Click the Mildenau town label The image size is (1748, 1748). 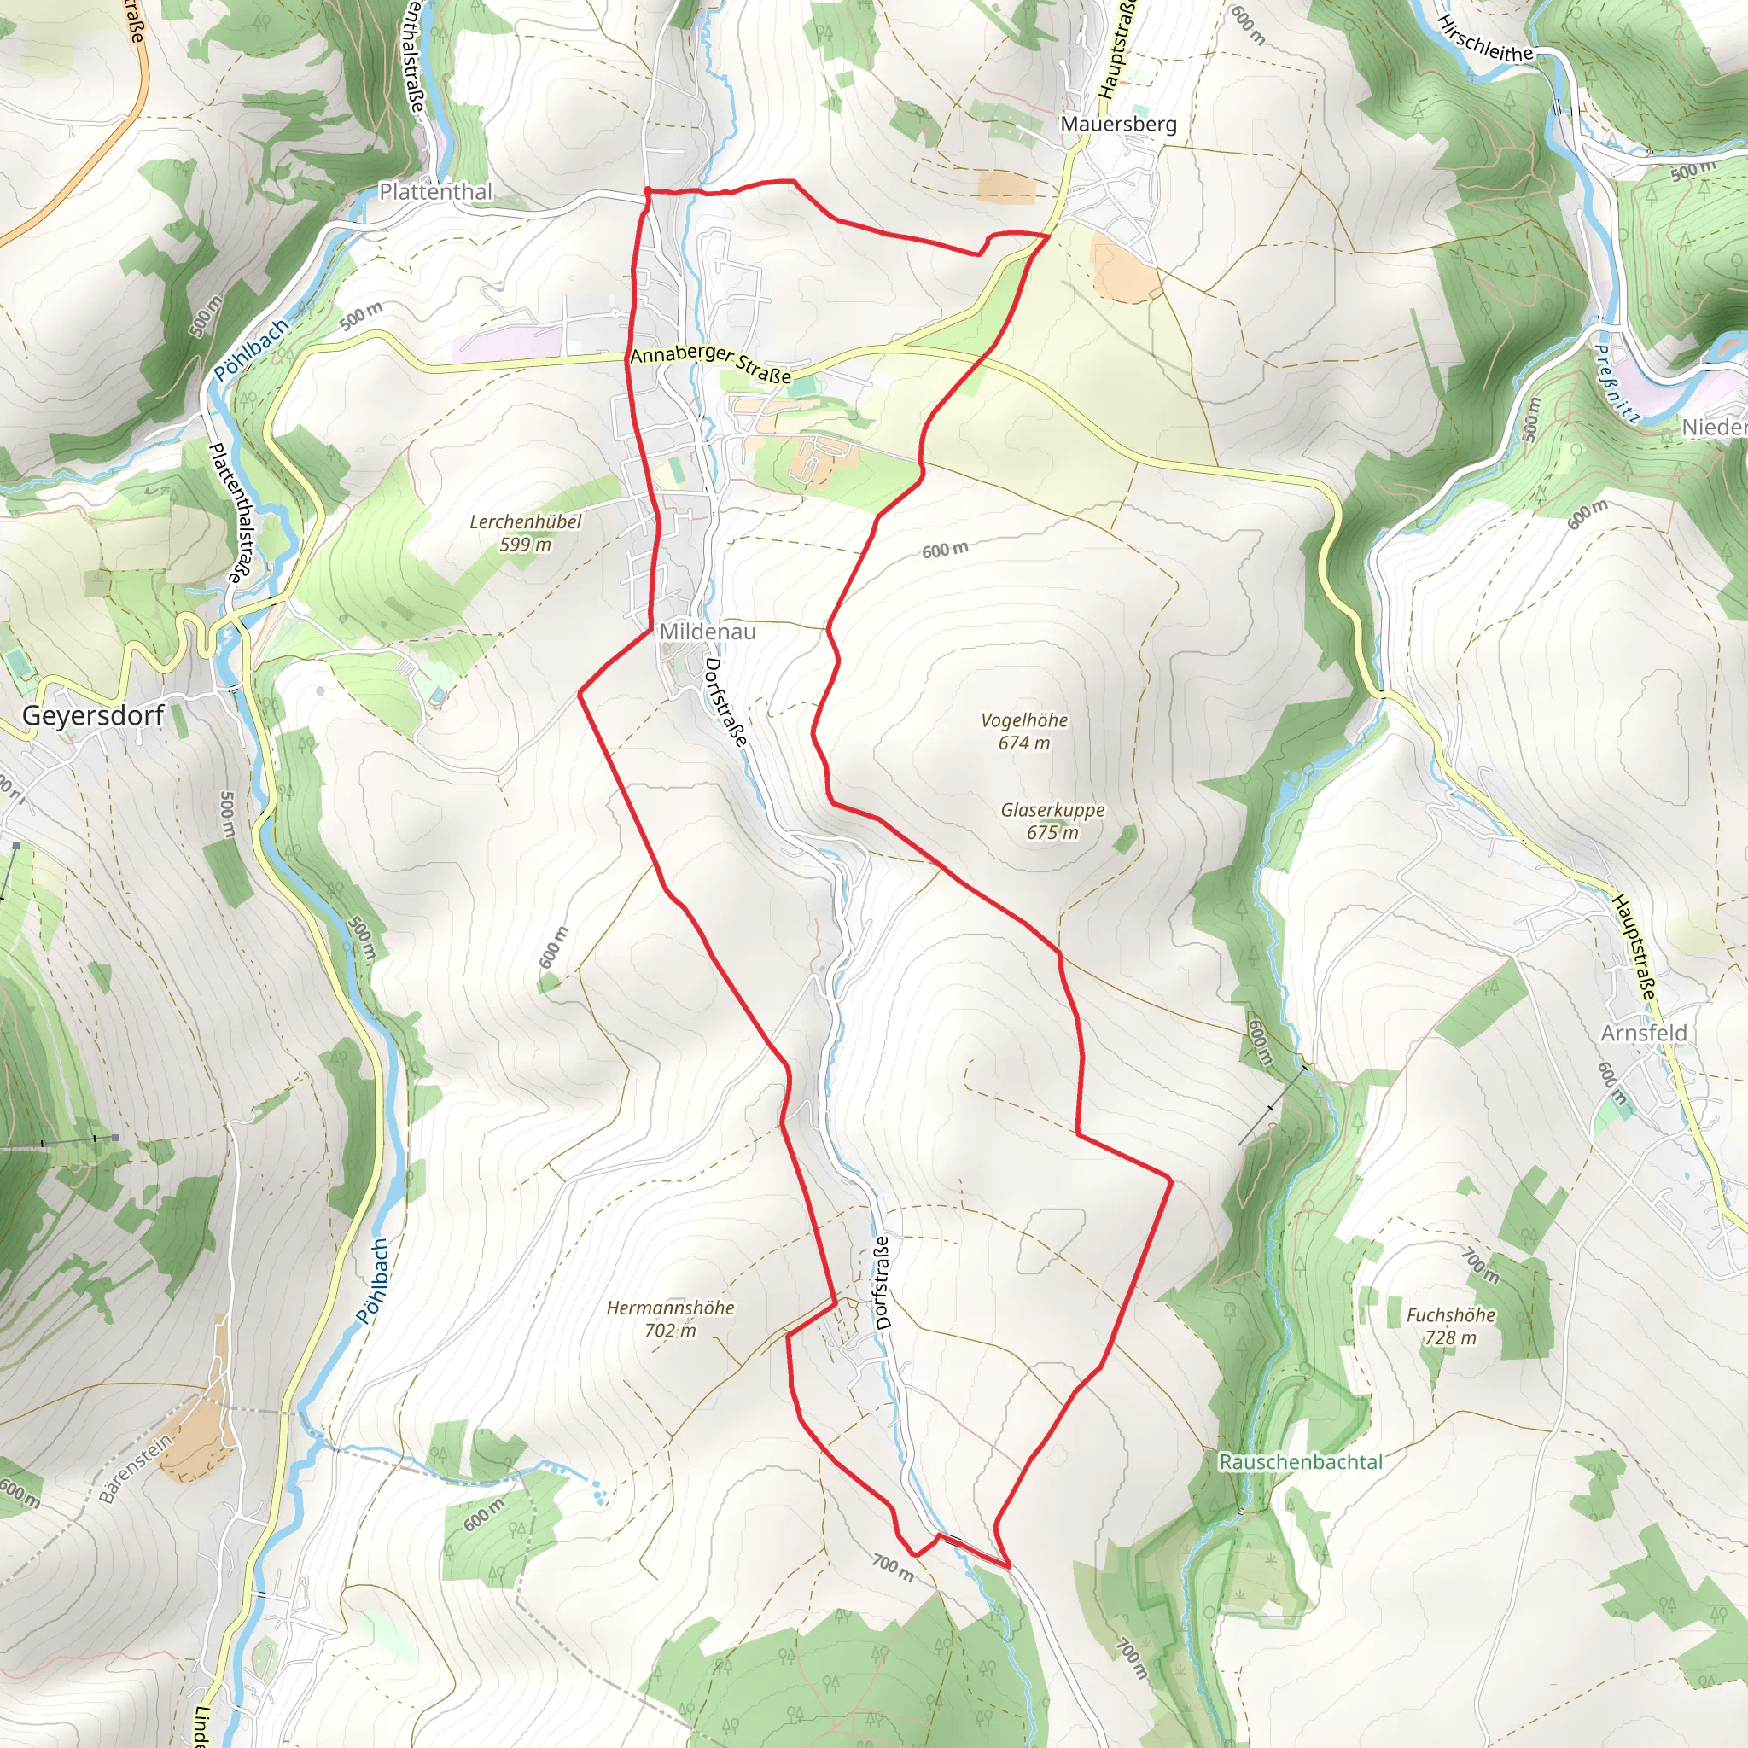708,632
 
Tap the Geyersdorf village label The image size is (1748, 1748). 92,715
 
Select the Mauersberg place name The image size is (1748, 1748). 1118,124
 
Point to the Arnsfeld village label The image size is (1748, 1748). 1644,1034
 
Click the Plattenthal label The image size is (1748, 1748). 435,192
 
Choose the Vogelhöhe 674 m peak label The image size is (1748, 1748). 1024,731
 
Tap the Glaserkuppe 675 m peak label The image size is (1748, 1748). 1052,820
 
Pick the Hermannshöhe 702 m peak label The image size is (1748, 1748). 669,1318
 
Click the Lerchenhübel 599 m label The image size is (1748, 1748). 525,533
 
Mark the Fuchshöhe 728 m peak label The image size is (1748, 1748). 1450,1326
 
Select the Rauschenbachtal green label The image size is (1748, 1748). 1300,1461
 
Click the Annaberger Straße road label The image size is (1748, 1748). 710,364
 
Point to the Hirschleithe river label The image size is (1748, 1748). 1485,39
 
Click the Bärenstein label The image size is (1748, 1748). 135,1468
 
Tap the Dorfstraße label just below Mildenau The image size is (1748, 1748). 725,702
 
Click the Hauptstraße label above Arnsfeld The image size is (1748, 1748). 1634,947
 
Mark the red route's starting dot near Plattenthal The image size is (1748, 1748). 648,190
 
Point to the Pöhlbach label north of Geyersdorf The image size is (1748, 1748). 251,349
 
